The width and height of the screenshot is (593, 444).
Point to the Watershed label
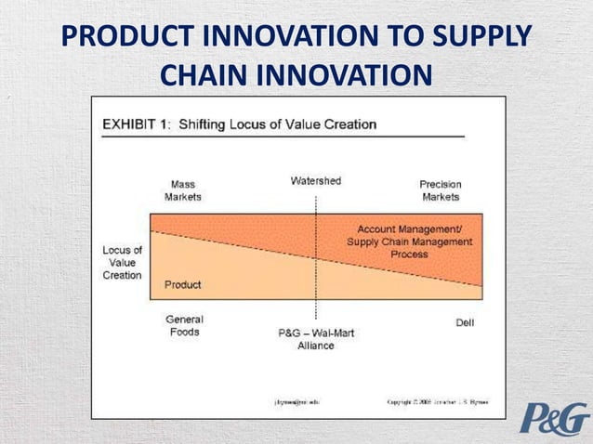tap(316, 180)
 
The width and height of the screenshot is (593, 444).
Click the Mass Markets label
tap(182, 190)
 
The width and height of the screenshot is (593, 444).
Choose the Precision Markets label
tap(441, 190)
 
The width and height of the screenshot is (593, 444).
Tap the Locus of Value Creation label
tap(122, 263)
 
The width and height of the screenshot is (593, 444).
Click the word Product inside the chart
tap(183, 283)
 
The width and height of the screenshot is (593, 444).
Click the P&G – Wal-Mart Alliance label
tap(316, 338)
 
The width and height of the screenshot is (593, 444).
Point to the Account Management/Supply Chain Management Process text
tap(409, 241)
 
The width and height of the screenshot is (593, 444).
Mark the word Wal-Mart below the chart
tap(331, 333)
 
